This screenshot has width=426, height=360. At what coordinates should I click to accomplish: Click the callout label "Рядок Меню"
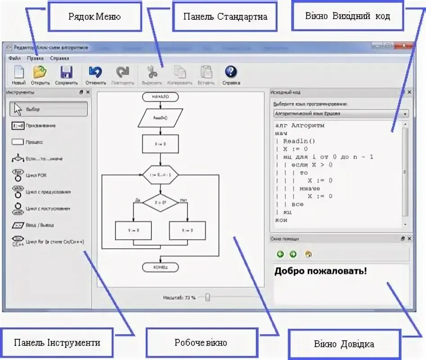[95, 17]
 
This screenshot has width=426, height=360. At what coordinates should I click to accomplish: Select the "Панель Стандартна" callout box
[225, 17]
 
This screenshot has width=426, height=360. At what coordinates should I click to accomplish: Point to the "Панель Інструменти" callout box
[57, 342]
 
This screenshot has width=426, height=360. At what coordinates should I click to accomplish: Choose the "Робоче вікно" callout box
[201, 342]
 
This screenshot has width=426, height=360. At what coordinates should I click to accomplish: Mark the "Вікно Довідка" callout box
[344, 344]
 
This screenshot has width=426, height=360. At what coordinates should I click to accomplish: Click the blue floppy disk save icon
[67, 72]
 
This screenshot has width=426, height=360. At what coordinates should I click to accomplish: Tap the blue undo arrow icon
[95, 72]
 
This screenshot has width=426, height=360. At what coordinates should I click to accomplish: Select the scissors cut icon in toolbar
[152, 72]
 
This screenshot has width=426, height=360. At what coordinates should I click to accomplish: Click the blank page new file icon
[19, 72]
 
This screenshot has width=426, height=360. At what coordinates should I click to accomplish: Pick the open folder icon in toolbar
[40, 72]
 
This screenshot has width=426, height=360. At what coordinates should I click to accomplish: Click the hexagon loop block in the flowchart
[160, 175]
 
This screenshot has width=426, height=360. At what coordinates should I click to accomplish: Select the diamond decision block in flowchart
[160, 203]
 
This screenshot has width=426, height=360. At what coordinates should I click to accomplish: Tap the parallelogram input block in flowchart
[160, 118]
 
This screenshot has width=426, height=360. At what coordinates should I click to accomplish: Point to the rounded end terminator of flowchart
[160, 268]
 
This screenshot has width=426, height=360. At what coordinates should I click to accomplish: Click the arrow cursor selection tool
[18, 109]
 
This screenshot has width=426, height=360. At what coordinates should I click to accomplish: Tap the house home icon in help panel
[308, 255]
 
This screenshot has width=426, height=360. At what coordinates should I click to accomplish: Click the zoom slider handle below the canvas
[208, 297]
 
